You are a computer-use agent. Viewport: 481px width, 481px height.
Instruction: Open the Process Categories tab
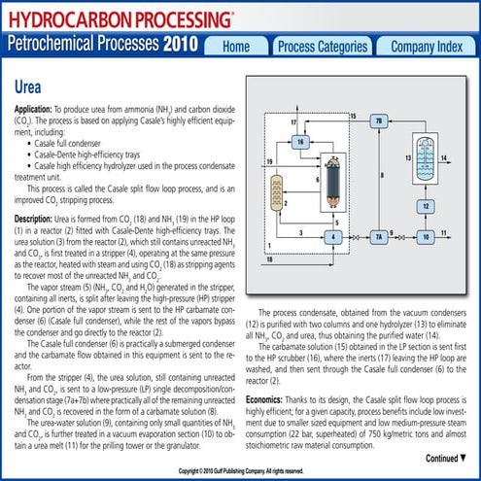(x=322, y=47)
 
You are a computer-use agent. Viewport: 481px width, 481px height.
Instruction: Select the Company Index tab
(x=426, y=47)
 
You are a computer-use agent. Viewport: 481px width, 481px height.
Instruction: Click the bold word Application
(x=38, y=113)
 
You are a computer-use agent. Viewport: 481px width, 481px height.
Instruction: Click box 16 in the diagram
(x=300, y=142)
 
